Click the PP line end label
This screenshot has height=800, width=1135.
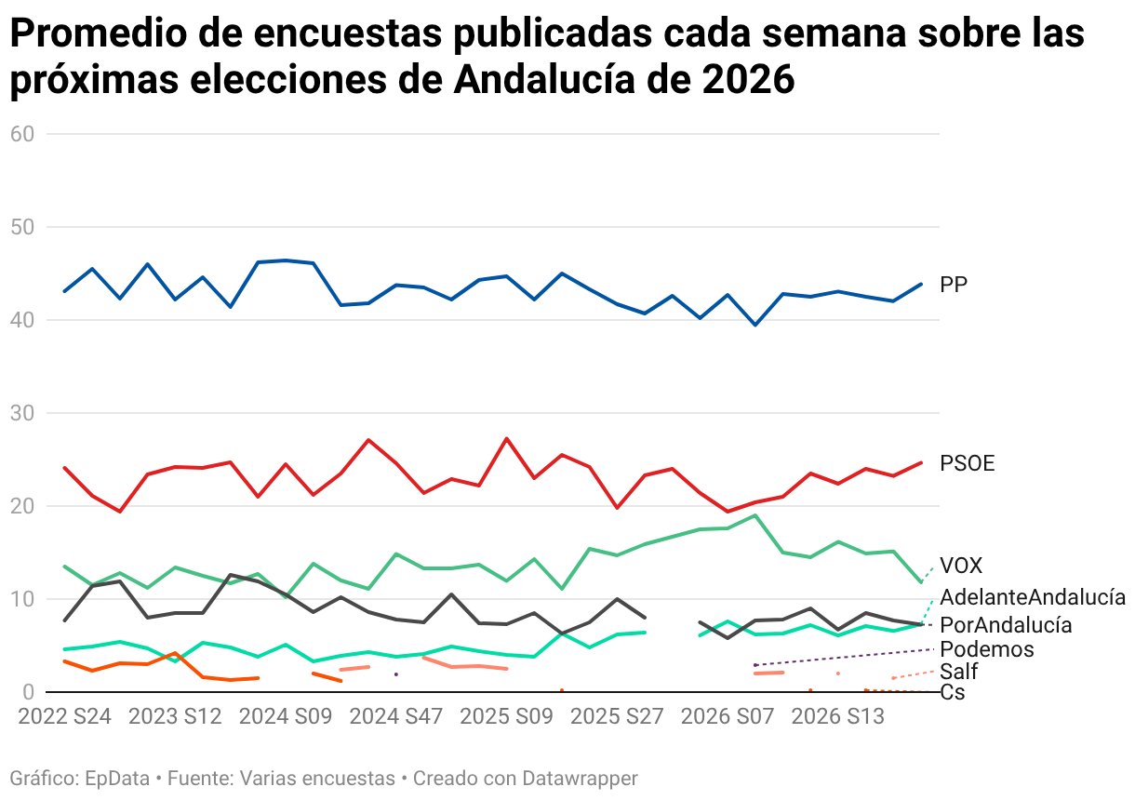click(x=954, y=285)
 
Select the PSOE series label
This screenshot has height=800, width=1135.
click(x=967, y=463)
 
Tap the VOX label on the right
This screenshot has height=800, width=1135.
click(x=960, y=566)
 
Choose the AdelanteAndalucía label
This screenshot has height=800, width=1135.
click(x=1033, y=597)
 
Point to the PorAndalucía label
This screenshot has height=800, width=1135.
click(x=1006, y=625)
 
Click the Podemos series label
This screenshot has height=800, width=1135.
click(x=987, y=649)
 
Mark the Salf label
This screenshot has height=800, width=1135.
click(x=958, y=672)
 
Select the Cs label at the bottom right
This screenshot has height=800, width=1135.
click(x=953, y=692)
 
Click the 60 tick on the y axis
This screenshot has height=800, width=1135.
click(x=22, y=134)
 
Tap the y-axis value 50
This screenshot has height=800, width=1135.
click(x=22, y=227)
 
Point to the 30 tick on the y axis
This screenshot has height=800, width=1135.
click(x=22, y=413)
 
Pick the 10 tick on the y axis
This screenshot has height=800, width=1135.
click(x=22, y=599)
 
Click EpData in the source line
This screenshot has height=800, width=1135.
click(x=116, y=778)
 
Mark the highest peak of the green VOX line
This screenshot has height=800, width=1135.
click(x=755, y=515)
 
